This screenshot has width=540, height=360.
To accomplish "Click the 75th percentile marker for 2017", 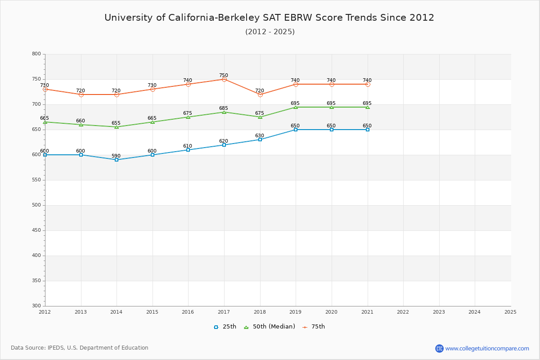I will (224, 79).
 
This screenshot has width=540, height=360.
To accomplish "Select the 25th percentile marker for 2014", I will (117, 160).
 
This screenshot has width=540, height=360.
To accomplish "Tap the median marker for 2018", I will (260, 117).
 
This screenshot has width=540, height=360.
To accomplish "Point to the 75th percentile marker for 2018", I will (260, 94).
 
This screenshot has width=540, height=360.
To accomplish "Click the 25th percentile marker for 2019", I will (296, 130).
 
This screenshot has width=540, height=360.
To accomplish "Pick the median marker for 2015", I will (153, 122).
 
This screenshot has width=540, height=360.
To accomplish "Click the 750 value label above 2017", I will (224, 76).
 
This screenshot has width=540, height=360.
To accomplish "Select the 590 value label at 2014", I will (116, 156).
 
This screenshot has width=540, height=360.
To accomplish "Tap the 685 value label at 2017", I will (224, 108).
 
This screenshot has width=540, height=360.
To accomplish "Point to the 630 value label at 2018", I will (260, 136).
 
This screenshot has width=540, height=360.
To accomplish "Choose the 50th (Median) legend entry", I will (270, 327).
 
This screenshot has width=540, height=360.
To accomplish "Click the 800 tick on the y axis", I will (36, 54).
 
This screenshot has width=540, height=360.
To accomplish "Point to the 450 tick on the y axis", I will (36, 230).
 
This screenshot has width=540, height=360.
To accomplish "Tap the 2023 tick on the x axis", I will (439, 311).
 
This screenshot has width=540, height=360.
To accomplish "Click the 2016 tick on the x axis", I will (188, 311).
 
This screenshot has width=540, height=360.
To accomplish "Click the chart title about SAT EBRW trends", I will (270, 18).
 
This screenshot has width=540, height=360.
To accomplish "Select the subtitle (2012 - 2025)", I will (270, 31).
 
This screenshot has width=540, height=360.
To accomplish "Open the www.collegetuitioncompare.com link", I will (487, 348).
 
